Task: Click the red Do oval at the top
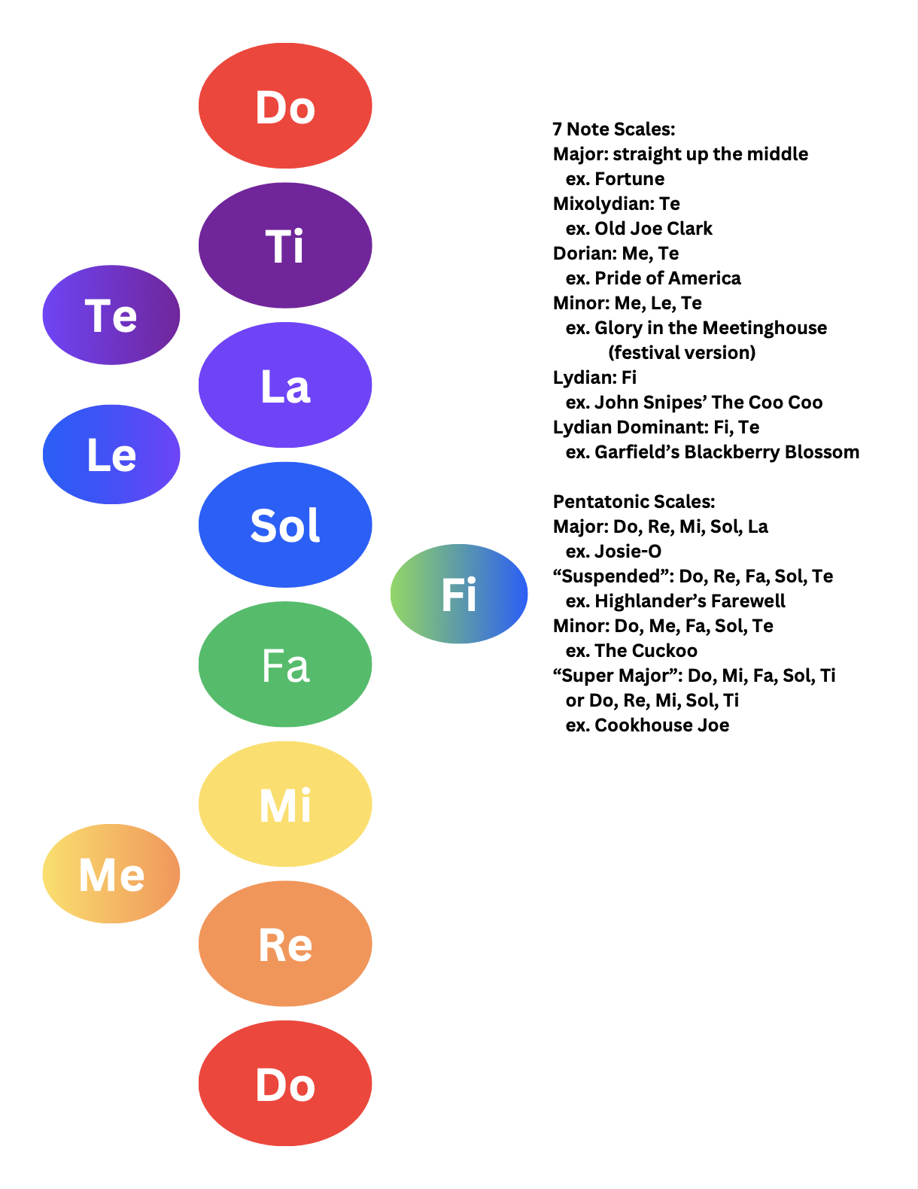(x=285, y=105)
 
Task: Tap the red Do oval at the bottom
(x=285, y=1083)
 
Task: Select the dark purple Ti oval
(x=285, y=245)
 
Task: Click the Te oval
(x=111, y=315)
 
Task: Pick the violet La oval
(x=285, y=385)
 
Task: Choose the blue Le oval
(x=111, y=455)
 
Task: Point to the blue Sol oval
(x=285, y=525)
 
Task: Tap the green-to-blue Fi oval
(x=459, y=594)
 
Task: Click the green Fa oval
(x=285, y=664)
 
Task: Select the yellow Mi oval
(x=285, y=804)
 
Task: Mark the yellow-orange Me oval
(x=111, y=874)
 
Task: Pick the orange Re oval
(x=285, y=944)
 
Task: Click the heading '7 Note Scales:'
(x=614, y=129)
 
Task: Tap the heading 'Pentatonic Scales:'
(x=634, y=502)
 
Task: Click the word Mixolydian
(x=603, y=204)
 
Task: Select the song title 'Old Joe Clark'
(x=653, y=229)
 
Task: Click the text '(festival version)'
(x=682, y=353)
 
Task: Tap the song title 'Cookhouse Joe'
(x=661, y=725)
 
